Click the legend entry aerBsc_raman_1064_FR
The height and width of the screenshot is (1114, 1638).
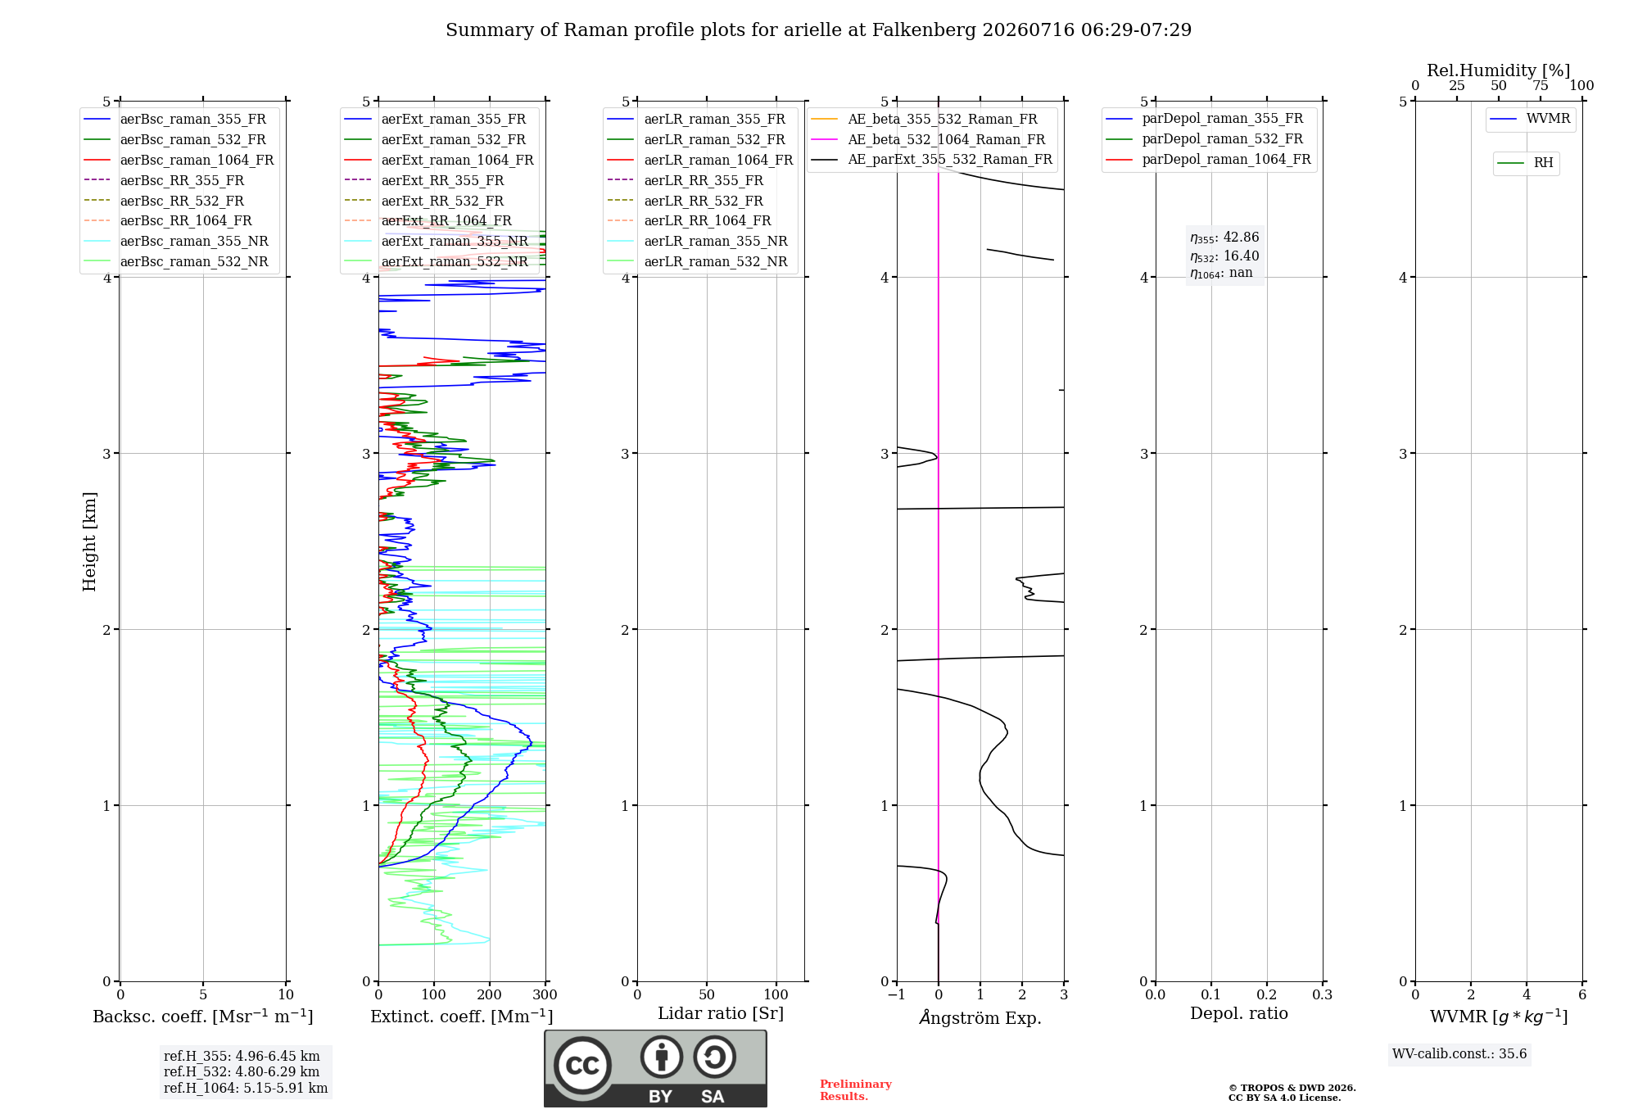point(179,160)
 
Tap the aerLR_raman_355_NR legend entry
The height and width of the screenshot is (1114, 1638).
point(697,241)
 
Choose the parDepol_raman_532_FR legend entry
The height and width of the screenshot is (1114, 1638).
point(1204,139)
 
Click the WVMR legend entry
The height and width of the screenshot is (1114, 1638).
point(1531,119)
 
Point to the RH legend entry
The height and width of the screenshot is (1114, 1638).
point(1525,163)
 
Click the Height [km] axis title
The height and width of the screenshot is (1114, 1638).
point(89,541)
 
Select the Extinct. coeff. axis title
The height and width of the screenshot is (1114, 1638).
point(462,1017)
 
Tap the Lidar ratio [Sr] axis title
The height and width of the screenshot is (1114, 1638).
point(721,1013)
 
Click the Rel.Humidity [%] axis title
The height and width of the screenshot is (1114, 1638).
point(1499,70)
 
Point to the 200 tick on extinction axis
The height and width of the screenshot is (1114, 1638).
point(490,994)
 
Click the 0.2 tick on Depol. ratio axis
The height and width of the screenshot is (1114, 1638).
point(1267,994)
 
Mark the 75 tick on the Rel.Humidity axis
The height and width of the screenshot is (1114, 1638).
point(1541,86)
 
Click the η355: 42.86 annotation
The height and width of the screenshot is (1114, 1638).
point(1224,238)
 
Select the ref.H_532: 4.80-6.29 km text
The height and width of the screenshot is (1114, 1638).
point(242,1071)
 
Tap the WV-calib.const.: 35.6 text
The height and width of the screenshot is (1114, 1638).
point(1459,1054)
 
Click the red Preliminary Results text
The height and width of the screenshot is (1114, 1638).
point(856,1090)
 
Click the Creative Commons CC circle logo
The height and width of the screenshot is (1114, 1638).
point(582,1066)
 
